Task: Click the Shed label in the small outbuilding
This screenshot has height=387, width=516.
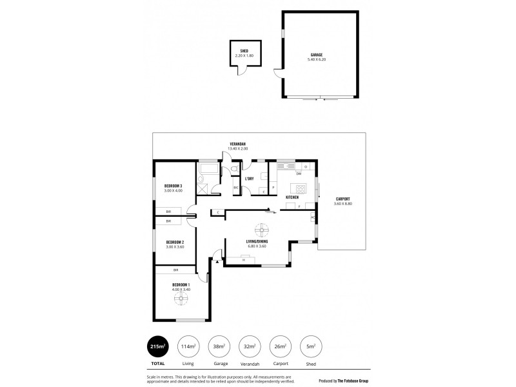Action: [x=244, y=50]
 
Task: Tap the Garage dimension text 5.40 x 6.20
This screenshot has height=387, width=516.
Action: [x=315, y=60]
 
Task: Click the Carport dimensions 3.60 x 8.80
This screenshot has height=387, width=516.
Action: [x=342, y=204]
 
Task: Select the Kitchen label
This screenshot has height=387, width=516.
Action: [x=292, y=197]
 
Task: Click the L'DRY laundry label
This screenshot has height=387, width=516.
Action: [x=249, y=179]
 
